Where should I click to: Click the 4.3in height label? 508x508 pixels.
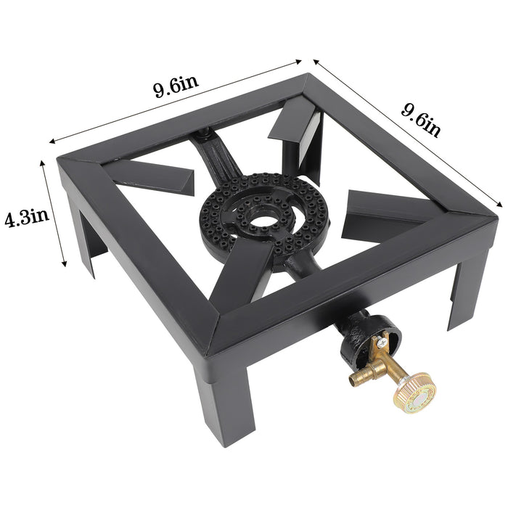(25, 218)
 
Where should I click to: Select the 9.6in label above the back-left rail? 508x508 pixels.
(175, 89)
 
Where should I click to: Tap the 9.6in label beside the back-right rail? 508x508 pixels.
(421, 119)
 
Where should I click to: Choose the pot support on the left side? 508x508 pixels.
(152, 178)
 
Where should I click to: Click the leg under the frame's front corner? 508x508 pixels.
(229, 406)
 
